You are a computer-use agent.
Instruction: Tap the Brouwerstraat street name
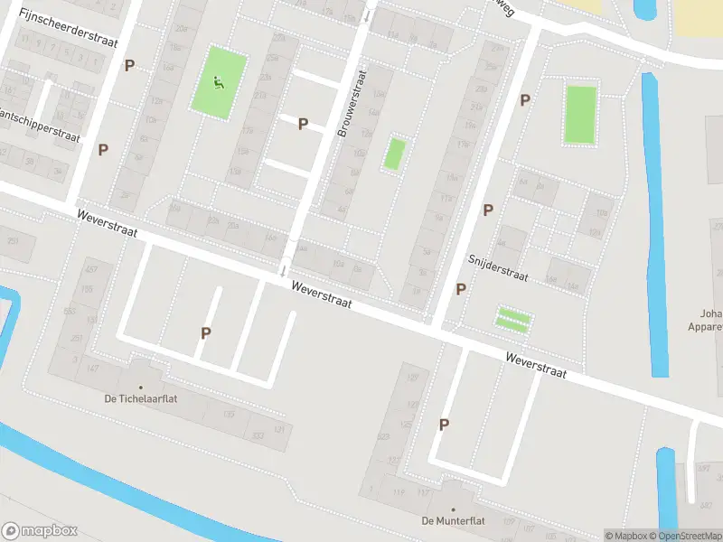pyautogui.click(x=352, y=104)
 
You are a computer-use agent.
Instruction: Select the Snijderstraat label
pyautogui.click(x=497, y=267)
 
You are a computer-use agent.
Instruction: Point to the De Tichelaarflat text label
pyautogui.click(x=140, y=398)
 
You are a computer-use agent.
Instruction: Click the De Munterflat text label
pyautogui.click(x=450, y=520)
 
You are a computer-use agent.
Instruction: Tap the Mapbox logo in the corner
pyautogui.click(x=41, y=531)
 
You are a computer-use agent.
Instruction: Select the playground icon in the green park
pyautogui.click(x=218, y=83)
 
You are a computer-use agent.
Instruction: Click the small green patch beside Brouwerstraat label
pyautogui.click(x=393, y=154)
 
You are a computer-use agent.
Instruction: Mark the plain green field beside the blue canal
pyautogui.click(x=580, y=115)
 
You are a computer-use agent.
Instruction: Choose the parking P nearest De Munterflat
pyautogui.click(x=444, y=425)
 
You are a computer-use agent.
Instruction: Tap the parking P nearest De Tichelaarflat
pyautogui.click(x=206, y=333)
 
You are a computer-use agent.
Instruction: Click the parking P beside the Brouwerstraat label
pyautogui.click(x=303, y=124)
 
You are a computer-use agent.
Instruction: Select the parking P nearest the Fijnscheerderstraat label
pyautogui.click(x=130, y=65)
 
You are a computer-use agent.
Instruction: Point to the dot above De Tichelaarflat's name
pyautogui.click(x=140, y=362)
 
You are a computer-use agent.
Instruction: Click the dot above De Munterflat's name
pyautogui.click(x=454, y=484)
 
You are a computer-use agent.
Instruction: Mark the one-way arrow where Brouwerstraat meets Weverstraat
pyautogui.click(x=284, y=268)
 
